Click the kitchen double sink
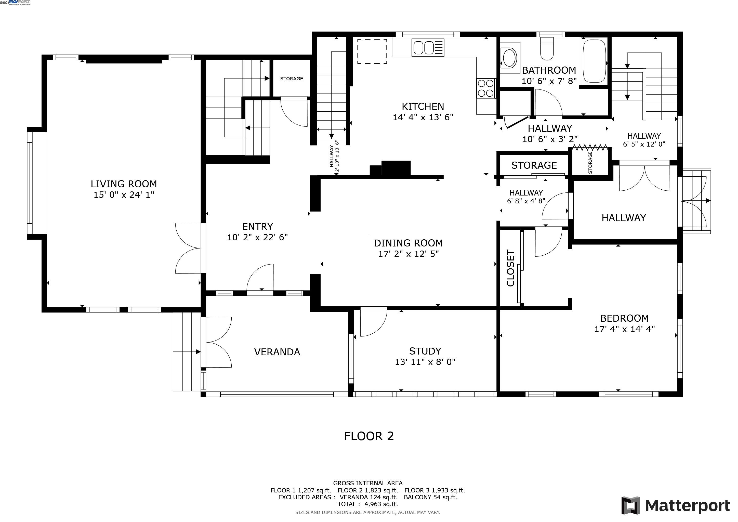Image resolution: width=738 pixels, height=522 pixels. [x=428, y=48]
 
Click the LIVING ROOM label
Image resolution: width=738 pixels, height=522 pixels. [x=124, y=184]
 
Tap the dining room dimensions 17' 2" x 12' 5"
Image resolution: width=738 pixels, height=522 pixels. [x=408, y=254]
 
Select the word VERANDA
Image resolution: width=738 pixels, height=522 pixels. [x=277, y=352]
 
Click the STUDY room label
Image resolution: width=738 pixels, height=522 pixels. [x=425, y=351]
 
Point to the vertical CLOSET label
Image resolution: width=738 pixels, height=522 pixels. [x=510, y=268]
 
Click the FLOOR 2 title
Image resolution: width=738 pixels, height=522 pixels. [x=369, y=436]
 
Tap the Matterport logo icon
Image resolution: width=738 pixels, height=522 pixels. [x=631, y=506]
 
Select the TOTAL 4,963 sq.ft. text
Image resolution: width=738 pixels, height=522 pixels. [x=368, y=504]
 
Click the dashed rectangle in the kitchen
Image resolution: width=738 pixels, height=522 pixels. [x=372, y=51]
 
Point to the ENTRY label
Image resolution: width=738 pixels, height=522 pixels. [x=257, y=227]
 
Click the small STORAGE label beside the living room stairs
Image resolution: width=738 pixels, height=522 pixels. [x=292, y=79]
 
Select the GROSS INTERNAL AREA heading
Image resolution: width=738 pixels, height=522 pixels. [x=368, y=483]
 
